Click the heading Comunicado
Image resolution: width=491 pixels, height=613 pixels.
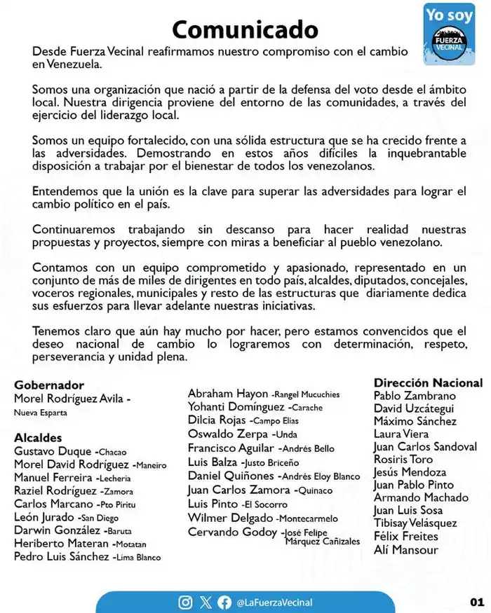point(245,29)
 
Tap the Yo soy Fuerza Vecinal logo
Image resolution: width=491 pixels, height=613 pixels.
point(450,34)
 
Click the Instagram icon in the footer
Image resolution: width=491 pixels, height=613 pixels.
point(185,602)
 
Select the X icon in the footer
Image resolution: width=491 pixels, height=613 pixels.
point(205,602)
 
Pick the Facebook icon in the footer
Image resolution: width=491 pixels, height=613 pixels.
point(224,602)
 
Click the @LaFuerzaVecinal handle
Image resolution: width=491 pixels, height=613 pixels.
point(274,602)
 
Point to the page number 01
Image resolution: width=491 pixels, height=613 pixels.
point(477,602)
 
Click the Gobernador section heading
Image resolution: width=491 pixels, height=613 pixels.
point(49,385)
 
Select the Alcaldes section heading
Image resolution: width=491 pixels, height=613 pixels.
point(38,438)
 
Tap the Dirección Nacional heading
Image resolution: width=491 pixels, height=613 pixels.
point(428,383)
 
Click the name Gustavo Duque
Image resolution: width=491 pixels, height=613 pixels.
point(53,452)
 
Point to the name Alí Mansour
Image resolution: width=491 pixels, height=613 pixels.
point(405,550)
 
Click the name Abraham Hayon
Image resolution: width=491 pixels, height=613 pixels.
point(228,394)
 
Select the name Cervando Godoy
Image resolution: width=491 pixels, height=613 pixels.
point(232,532)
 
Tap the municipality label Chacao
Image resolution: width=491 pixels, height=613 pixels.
point(112,453)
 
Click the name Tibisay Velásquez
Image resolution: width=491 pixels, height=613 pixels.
point(415,523)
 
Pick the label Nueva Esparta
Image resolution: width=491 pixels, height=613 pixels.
point(41,413)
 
